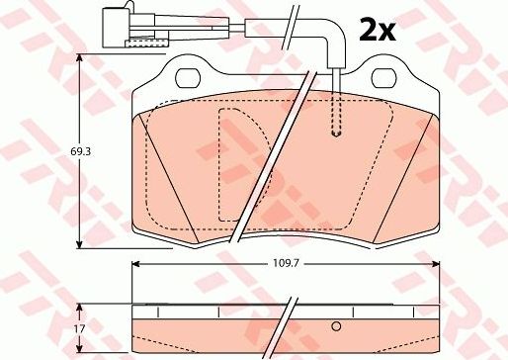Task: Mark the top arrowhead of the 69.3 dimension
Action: tap(79, 60)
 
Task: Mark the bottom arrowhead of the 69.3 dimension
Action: tap(79, 246)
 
